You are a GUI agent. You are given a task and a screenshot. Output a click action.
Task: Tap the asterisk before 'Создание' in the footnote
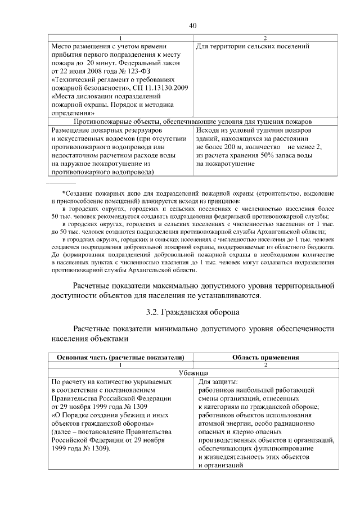(64, 194)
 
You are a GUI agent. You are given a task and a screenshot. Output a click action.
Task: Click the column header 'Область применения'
(265, 357)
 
